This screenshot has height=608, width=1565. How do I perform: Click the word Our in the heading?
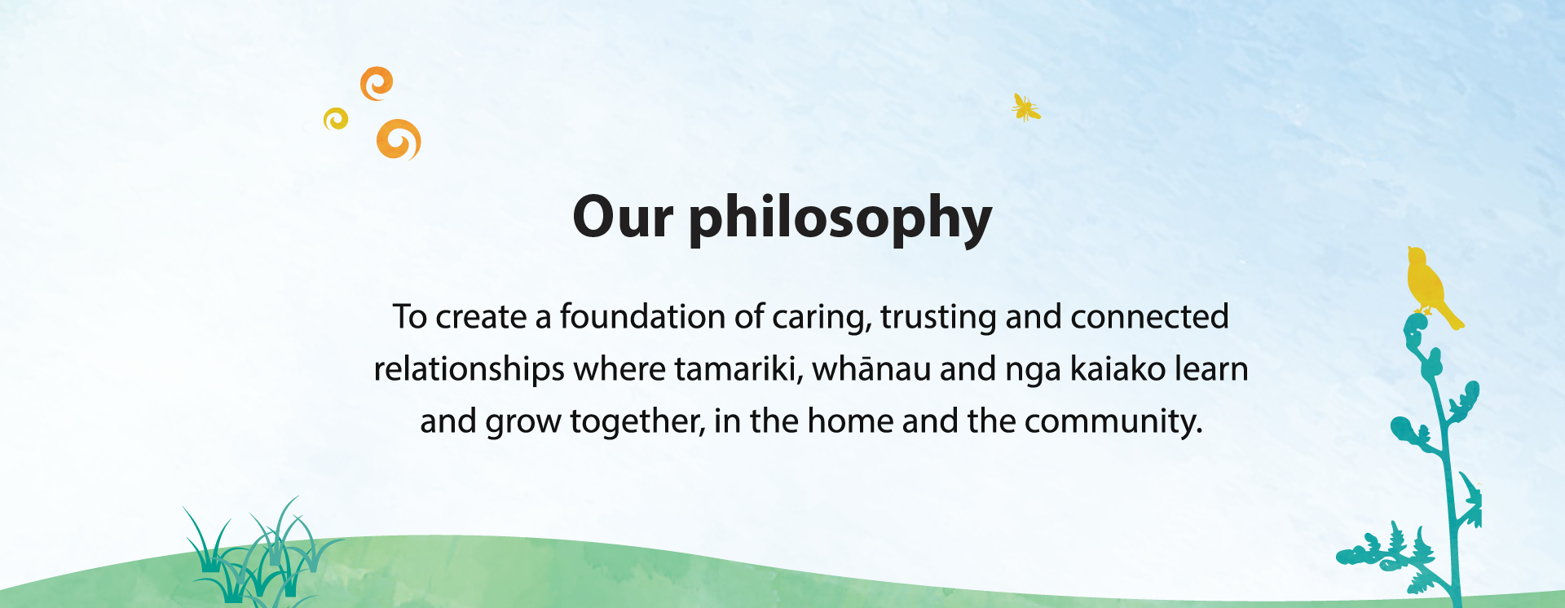(623, 218)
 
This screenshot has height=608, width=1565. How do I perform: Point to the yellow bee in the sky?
(1025, 108)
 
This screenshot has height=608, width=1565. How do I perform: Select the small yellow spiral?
(336, 120)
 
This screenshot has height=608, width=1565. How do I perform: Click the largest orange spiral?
(399, 139)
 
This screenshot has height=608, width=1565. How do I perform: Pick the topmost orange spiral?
(377, 83)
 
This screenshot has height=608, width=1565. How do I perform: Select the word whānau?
(871, 369)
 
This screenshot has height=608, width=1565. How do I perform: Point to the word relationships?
(469, 370)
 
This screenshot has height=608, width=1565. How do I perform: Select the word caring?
(822, 318)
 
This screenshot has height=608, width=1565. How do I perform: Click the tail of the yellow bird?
(1451, 316)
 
